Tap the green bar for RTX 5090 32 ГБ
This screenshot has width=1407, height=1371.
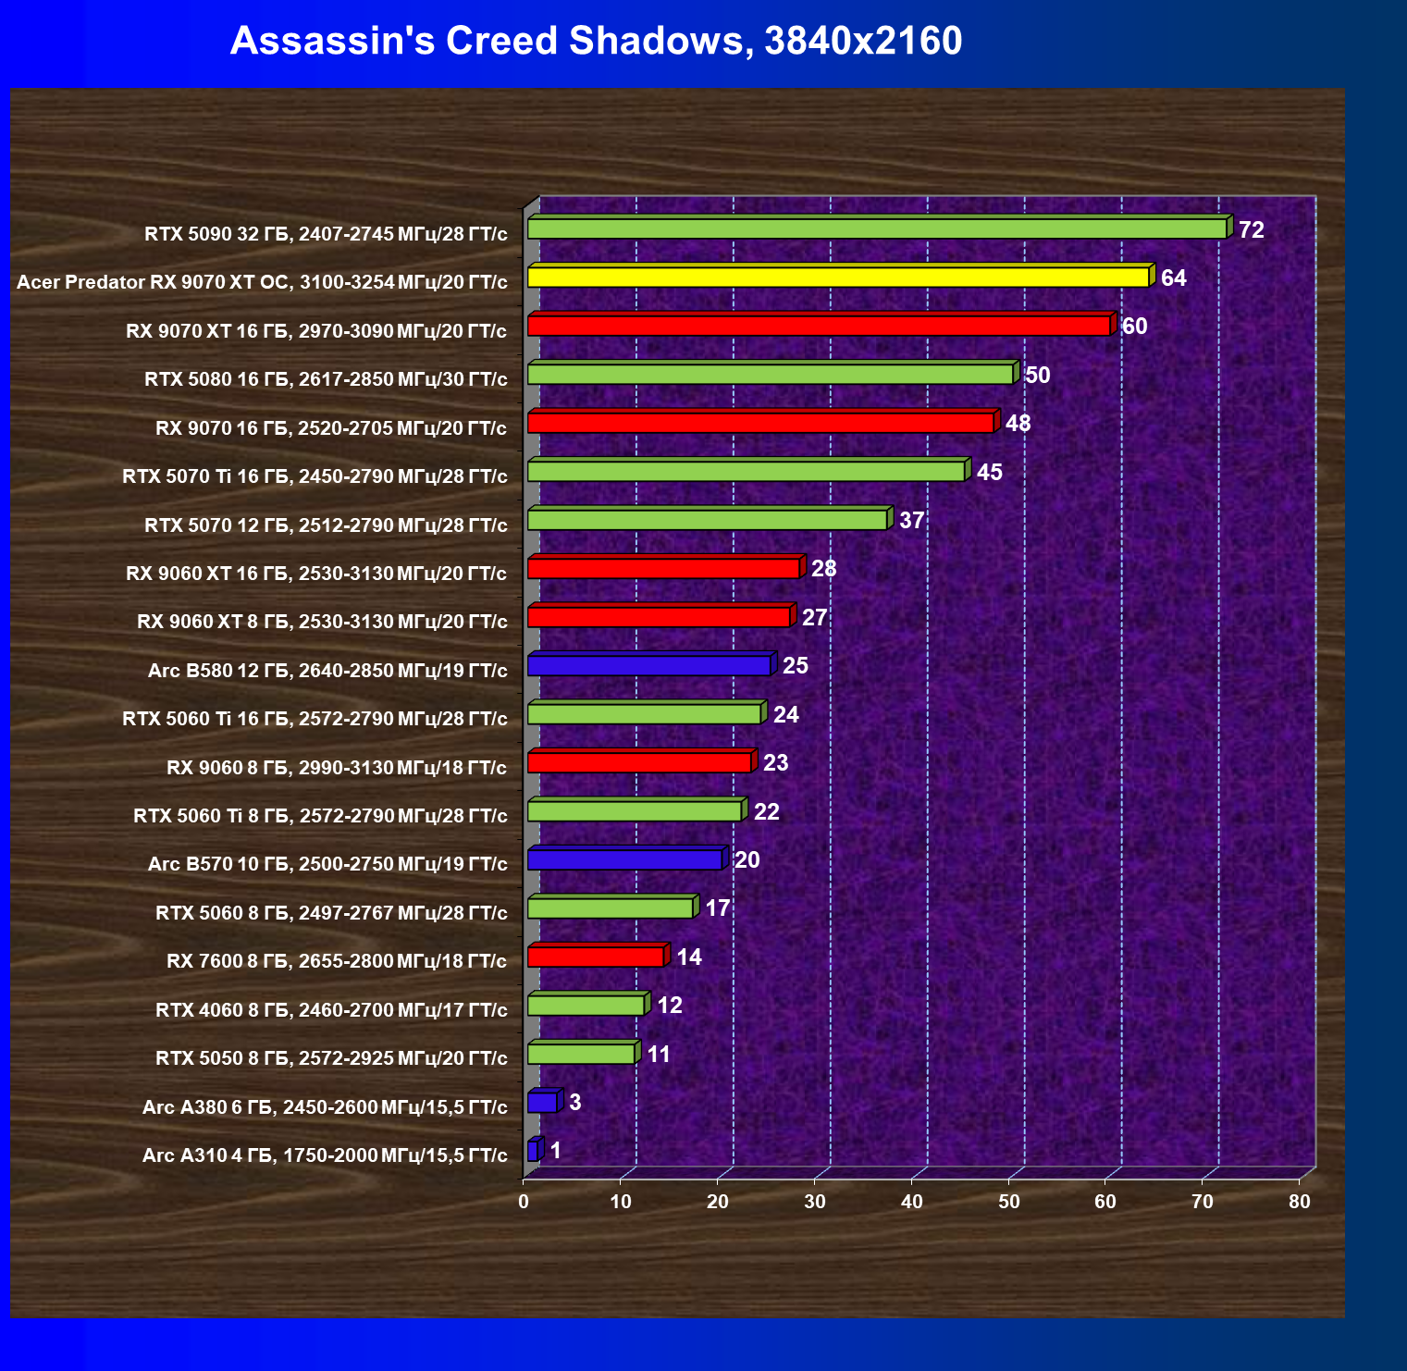[x=880, y=227]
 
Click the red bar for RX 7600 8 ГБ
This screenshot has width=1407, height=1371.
[x=599, y=955]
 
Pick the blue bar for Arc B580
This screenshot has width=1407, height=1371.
[x=651, y=663]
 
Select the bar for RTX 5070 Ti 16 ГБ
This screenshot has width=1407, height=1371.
[x=748, y=469]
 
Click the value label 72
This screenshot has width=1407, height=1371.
[x=1252, y=229]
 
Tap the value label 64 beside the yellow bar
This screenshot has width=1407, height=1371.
[x=1174, y=278]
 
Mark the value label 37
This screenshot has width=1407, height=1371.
[x=912, y=520]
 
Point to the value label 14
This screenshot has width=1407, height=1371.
[x=689, y=957]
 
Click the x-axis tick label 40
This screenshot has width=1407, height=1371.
[x=912, y=1202]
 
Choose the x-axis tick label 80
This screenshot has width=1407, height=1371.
[x=1300, y=1202]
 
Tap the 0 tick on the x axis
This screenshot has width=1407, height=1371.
[x=524, y=1202]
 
